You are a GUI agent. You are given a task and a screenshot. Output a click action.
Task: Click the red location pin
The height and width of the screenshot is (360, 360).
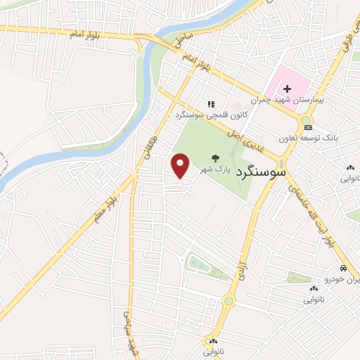(x=181, y=166)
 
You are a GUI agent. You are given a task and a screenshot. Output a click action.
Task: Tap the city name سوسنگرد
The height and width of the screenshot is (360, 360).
(x=261, y=171)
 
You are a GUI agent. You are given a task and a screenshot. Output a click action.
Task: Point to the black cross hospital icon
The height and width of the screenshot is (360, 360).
(x=287, y=89)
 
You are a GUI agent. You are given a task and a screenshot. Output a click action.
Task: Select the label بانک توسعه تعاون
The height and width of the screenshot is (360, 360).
(x=310, y=139)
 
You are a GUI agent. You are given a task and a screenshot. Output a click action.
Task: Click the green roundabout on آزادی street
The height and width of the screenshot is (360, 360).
(x=229, y=302)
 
